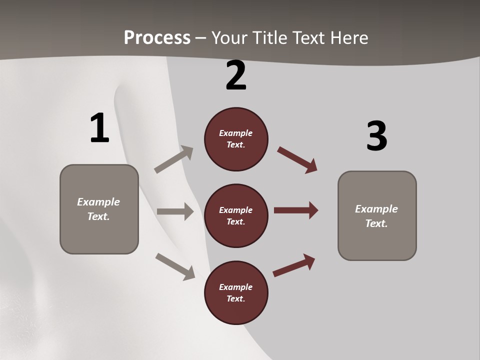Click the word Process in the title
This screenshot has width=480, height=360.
pos(157,37)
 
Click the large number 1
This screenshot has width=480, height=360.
pos(99,128)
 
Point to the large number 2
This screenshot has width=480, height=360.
pos(236,76)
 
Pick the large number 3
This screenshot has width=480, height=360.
pos(376,136)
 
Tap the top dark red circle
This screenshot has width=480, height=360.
pos(236,139)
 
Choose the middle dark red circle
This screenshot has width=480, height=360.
pos(236,216)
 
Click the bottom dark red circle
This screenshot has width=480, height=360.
pos(236,293)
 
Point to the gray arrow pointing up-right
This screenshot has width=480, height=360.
pos(174,159)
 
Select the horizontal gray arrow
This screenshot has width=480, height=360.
pos(175,211)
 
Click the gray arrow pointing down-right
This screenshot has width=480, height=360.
pos(175,266)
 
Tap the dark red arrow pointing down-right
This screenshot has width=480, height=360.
pos(297,159)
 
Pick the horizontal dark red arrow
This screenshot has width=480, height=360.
pos(296,210)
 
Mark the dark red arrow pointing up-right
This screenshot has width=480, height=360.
pos(294,265)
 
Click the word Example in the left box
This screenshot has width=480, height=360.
pos(98,202)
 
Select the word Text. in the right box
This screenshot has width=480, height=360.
pos(376,223)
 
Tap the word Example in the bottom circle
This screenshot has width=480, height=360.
pos(236,287)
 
